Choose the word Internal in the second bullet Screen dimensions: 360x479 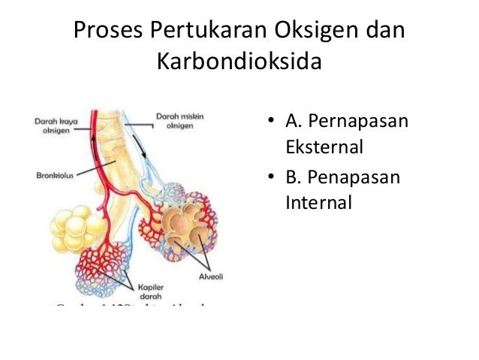click(318, 201)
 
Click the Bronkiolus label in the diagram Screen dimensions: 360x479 click(53, 177)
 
